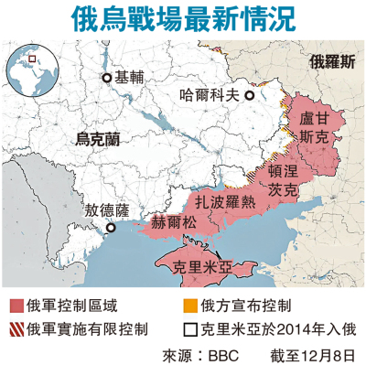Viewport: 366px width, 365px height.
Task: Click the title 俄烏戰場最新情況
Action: [x=183, y=18]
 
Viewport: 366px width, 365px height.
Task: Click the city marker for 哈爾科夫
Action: [x=249, y=93]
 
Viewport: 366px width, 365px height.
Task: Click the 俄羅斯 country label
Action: [x=334, y=63]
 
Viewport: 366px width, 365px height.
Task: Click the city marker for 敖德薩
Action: [x=111, y=228]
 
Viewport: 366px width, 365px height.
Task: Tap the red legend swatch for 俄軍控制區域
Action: [x=16, y=303]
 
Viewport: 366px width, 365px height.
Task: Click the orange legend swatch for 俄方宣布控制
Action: [x=189, y=303]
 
